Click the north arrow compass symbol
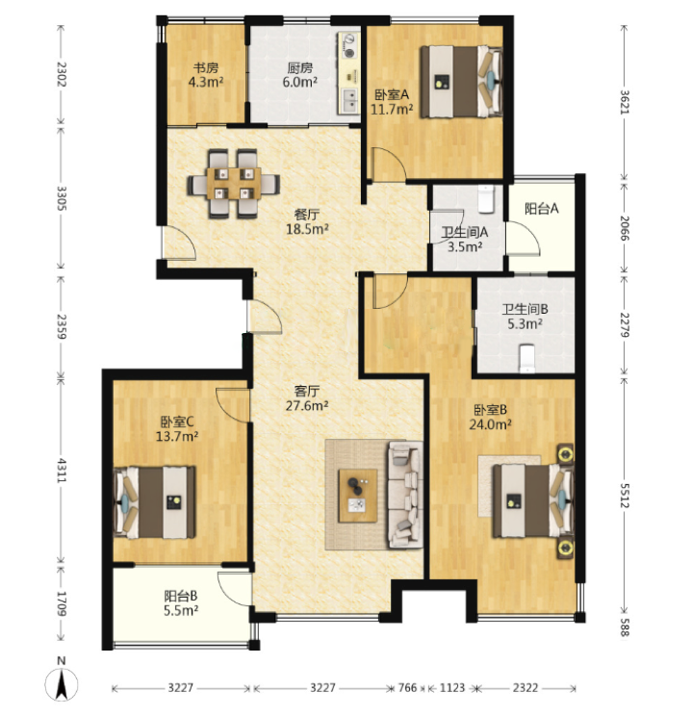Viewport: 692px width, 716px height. click(62, 683)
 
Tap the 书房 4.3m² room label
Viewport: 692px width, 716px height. click(206, 75)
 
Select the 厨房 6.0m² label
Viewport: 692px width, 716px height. click(300, 75)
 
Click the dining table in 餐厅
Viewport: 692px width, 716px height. click(234, 183)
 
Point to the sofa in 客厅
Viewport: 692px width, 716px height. click(405, 494)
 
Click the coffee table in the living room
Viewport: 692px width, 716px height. click(358, 496)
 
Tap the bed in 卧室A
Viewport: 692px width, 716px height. click(461, 81)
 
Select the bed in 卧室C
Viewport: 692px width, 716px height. click(155, 501)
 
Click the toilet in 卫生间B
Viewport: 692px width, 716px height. click(527, 358)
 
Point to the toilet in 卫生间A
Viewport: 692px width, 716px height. click(486, 199)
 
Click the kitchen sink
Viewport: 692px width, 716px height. click(350, 100)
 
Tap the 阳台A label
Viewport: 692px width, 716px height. click(541, 209)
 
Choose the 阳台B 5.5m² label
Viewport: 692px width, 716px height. click(181, 602)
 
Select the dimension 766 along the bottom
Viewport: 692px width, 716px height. click(408, 687)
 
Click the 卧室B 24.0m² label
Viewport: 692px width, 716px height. click(490, 417)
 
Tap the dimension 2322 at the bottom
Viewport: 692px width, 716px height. click(525, 687)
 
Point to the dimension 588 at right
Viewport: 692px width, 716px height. click(625, 630)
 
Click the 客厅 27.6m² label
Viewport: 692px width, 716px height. click(307, 397)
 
